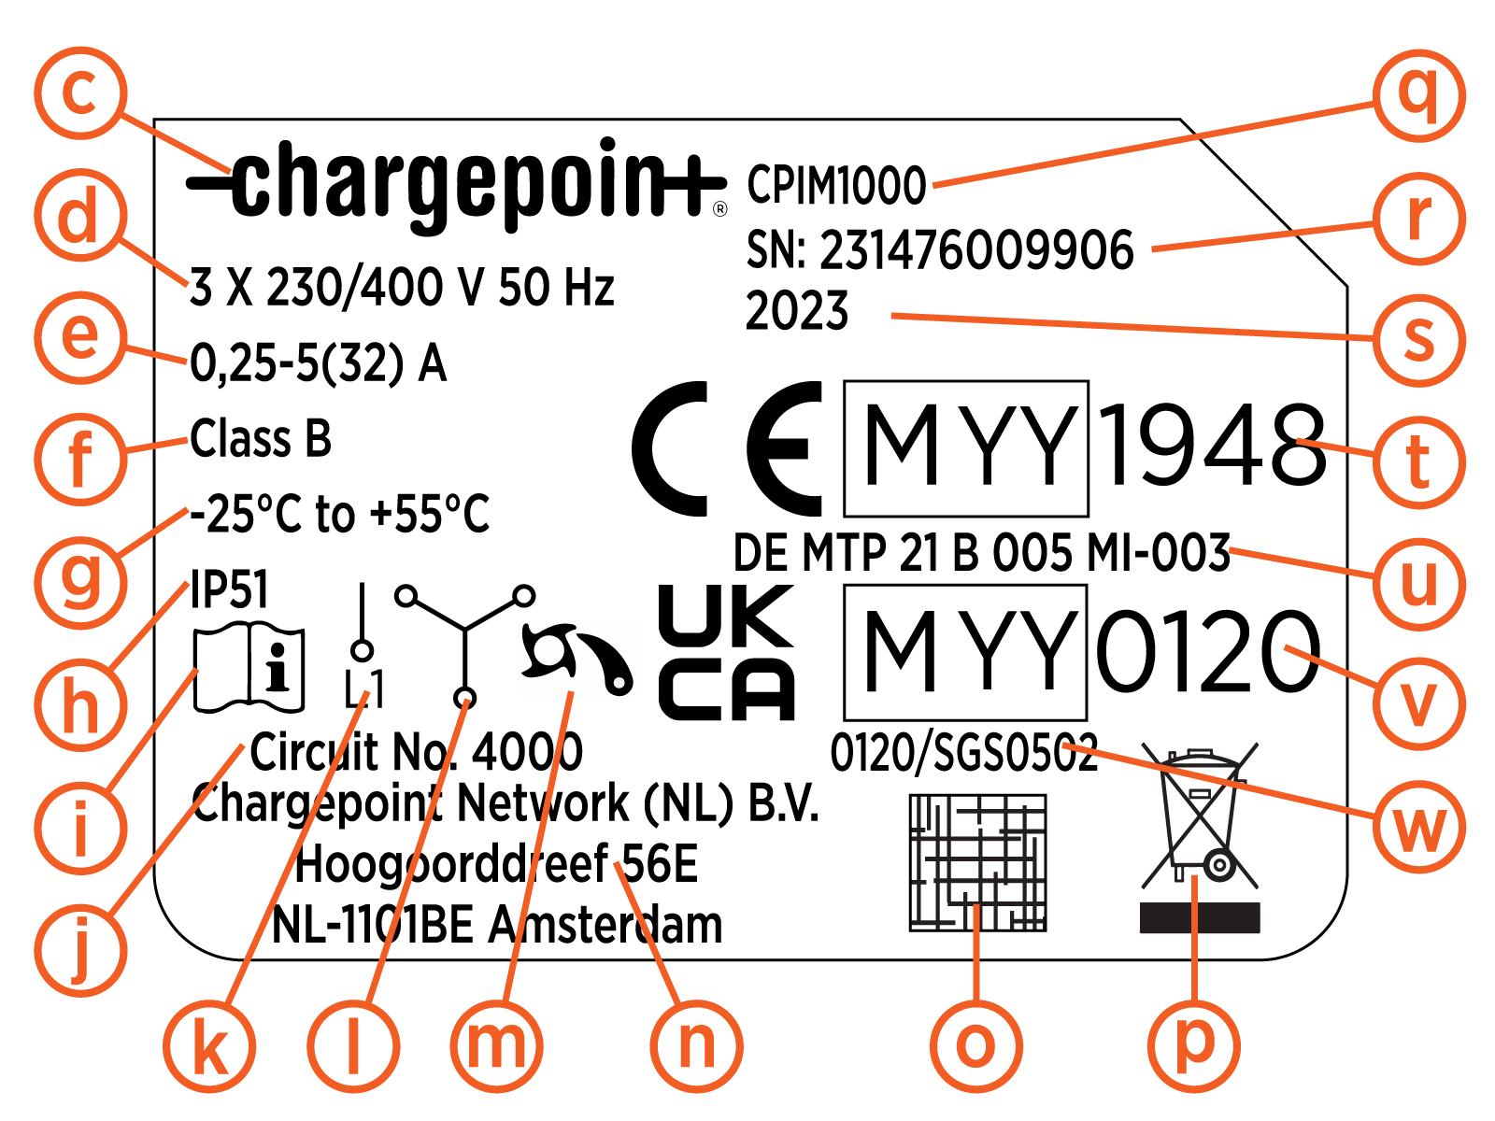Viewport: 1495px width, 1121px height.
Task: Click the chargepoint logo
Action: (x=456, y=185)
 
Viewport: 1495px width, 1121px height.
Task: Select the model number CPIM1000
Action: (x=836, y=185)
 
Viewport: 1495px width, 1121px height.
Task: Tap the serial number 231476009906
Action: (x=976, y=249)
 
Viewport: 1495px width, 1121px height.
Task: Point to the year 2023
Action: (x=797, y=310)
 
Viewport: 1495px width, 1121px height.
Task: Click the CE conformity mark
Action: (x=727, y=448)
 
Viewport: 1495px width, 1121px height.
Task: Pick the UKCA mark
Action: (x=726, y=652)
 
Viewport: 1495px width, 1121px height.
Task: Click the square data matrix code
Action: (x=978, y=862)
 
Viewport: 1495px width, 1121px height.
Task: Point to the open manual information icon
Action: (x=249, y=667)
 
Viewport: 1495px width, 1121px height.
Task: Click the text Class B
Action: (x=261, y=438)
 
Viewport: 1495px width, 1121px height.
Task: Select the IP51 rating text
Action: (x=229, y=589)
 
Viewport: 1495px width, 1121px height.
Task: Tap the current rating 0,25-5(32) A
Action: (x=318, y=363)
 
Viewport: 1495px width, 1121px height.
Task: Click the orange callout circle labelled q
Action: (x=1419, y=96)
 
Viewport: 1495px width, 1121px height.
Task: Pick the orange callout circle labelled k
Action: (x=210, y=1046)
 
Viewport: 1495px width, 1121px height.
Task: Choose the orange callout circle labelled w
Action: (x=1419, y=827)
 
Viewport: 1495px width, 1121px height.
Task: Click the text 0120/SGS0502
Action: (x=963, y=753)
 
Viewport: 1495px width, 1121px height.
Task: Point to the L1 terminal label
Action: (x=363, y=688)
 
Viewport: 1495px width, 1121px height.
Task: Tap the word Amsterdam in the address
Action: (x=605, y=925)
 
